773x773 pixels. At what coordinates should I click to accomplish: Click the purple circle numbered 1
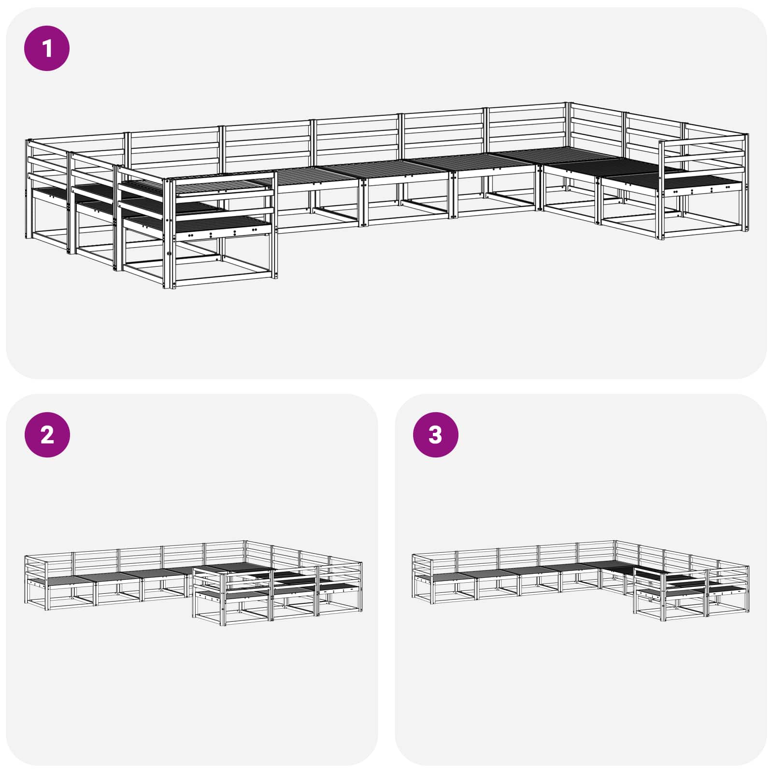(x=47, y=48)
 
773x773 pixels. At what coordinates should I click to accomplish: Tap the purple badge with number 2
(x=47, y=435)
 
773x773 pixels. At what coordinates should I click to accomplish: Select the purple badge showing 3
(x=435, y=435)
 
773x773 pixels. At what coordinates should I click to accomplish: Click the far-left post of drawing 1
(x=28, y=188)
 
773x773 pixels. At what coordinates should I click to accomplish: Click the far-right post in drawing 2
(x=361, y=585)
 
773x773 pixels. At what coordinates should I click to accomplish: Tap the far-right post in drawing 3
(x=748, y=589)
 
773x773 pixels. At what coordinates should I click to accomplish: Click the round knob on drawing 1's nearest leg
(x=169, y=254)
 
